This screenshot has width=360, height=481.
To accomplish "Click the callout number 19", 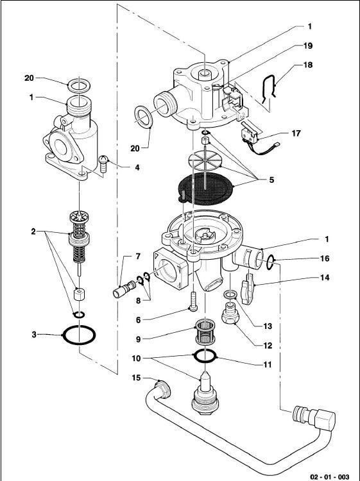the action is tap(308, 46).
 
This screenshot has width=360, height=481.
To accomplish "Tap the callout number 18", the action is tap(308, 65).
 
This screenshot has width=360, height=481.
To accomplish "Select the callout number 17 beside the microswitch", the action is tap(296, 133).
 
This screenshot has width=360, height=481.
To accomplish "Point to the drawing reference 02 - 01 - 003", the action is tap(330, 477).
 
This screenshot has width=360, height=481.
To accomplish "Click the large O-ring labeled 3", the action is tap(64, 336).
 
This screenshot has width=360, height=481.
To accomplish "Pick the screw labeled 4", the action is tap(103, 164).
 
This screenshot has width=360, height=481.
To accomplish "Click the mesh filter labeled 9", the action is tap(204, 332).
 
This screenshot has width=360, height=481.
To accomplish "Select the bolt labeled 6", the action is tap(193, 302).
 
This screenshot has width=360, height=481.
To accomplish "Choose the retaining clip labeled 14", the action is tap(248, 289).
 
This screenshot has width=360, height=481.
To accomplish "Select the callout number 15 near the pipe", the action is tap(136, 378).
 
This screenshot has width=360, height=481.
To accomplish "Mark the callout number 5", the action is tap(271, 180).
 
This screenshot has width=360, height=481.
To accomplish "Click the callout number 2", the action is tap(33, 232).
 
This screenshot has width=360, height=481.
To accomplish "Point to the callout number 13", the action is tap(268, 326).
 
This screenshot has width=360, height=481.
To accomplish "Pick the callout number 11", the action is tap(268, 364).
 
